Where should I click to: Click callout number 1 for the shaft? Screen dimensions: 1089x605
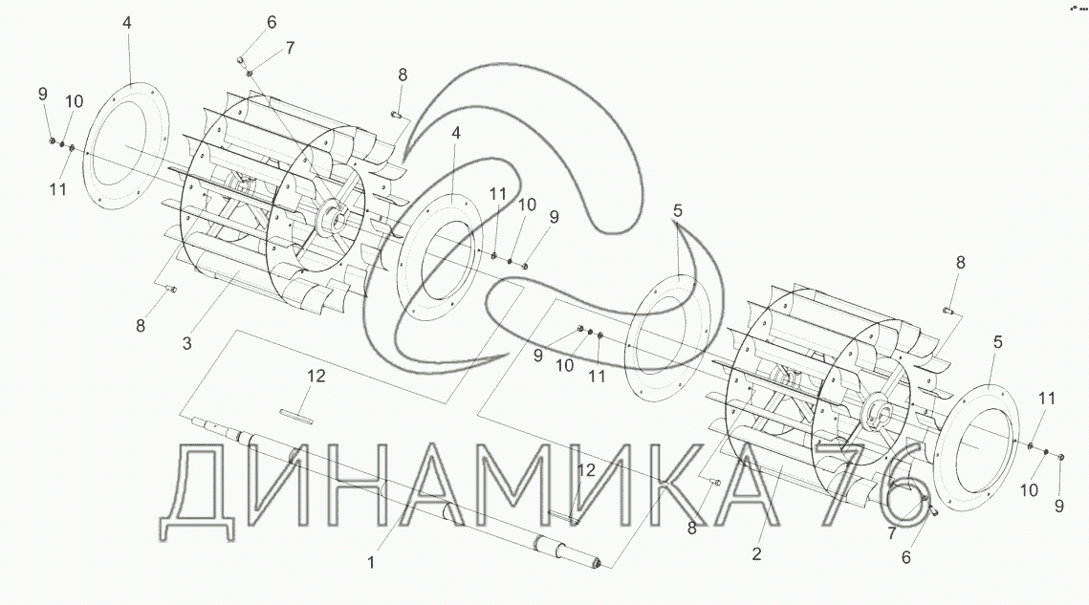[371, 562]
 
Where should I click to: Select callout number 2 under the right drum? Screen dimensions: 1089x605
[756, 553]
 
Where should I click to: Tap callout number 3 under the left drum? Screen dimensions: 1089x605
[186, 343]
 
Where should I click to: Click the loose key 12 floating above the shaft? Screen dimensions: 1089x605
[297, 416]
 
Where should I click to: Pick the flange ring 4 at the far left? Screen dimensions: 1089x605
[125, 146]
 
